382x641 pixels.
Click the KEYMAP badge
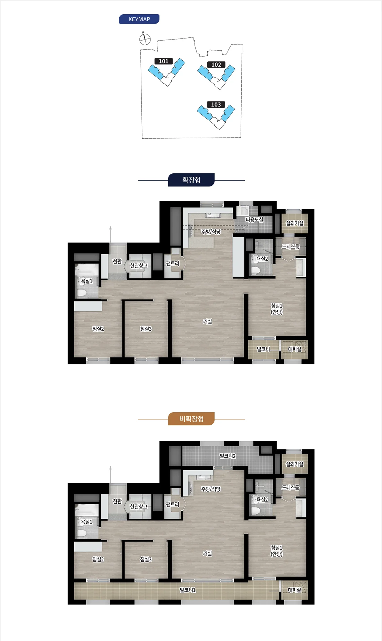click(139, 19)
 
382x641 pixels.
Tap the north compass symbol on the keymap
click(145, 39)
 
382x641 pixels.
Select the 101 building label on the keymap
click(164, 61)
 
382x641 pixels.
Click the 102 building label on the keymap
click(216, 65)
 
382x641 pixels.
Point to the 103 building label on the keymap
click(216, 105)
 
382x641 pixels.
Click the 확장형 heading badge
click(191, 180)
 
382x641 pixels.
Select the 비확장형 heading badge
click(191, 419)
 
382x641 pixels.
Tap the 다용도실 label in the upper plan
click(254, 219)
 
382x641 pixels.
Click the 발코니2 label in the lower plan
click(228, 456)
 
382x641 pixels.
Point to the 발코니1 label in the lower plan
click(188, 590)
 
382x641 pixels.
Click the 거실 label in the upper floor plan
click(207, 321)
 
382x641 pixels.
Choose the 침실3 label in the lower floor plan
click(146, 559)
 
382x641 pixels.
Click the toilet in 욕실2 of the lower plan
click(256, 511)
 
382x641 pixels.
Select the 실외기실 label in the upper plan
click(294, 223)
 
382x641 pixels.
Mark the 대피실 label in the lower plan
click(294, 590)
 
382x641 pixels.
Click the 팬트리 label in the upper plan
click(173, 263)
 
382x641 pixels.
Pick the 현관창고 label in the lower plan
click(139, 506)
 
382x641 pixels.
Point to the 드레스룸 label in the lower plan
click(290, 487)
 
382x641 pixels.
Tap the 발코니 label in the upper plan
click(263, 349)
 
